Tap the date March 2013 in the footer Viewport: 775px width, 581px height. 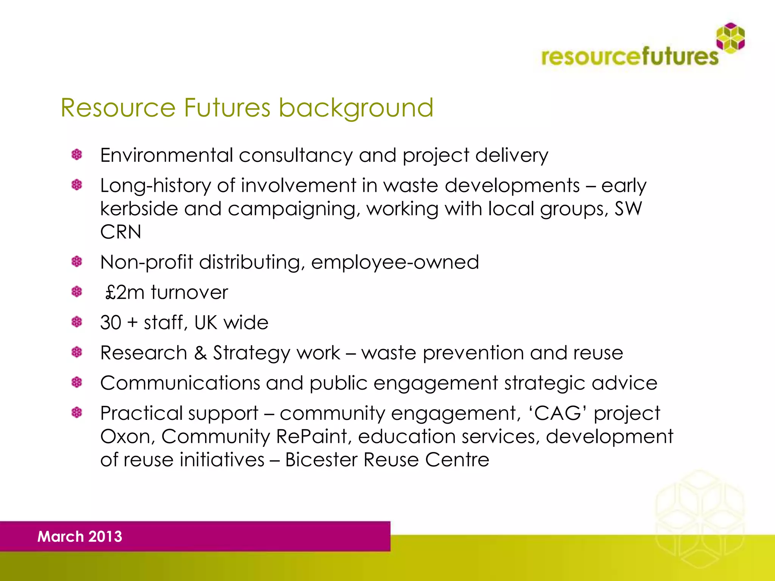80,536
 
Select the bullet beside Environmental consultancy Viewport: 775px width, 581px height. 77,155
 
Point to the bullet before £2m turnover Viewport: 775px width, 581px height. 77,292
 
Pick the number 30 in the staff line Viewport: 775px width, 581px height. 110,323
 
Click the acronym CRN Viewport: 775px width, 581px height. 120,232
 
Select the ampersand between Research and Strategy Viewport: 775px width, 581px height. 200,353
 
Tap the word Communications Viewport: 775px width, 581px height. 180,383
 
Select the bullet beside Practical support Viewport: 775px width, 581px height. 77,412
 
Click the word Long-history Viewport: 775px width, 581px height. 156,186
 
